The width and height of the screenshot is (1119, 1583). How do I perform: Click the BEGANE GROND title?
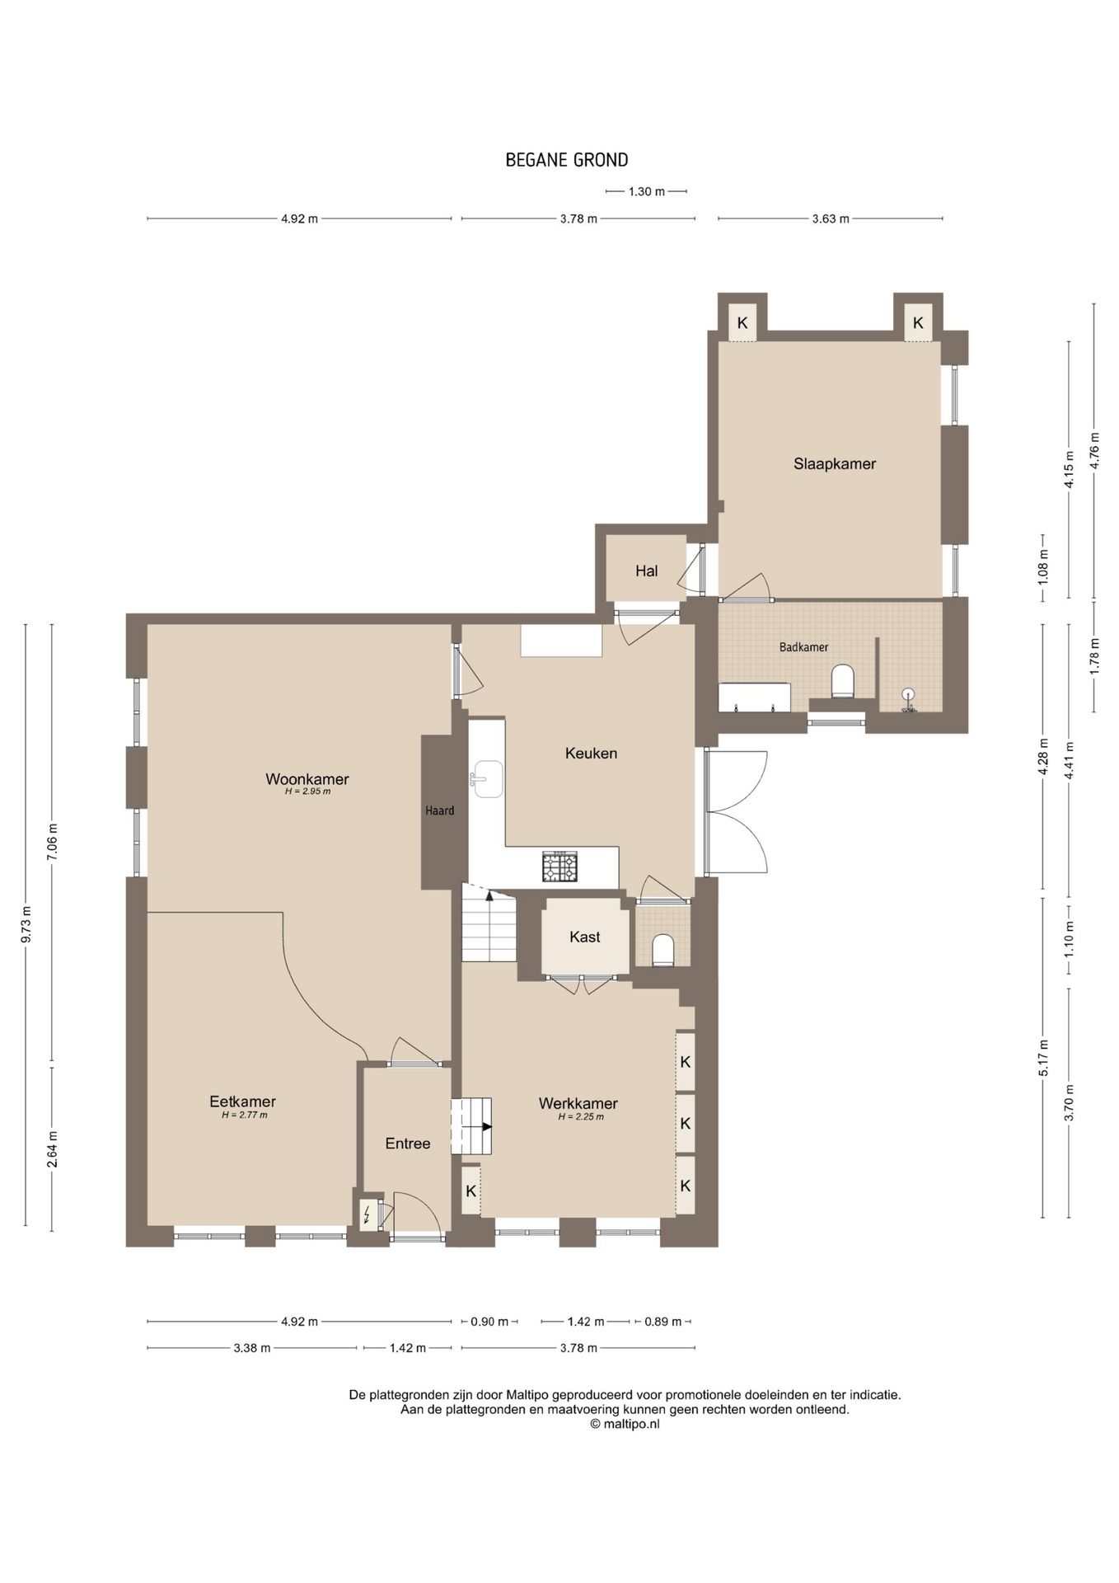[x=566, y=160]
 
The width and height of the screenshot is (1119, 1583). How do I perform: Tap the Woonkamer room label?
[x=307, y=779]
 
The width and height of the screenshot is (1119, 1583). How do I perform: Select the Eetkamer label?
[x=242, y=1102]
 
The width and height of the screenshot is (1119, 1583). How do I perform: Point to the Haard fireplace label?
[x=440, y=810]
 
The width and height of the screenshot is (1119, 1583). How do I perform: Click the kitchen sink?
[x=487, y=779]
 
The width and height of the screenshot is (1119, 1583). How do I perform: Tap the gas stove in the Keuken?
[x=560, y=866]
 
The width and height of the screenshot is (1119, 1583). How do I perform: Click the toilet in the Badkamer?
[x=842, y=681]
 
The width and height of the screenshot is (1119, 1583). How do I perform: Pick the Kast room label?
[x=585, y=937]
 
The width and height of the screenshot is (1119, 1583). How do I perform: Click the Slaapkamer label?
[x=835, y=463]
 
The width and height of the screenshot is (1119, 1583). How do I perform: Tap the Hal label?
[x=647, y=571]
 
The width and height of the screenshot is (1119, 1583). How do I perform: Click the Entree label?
[x=408, y=1144]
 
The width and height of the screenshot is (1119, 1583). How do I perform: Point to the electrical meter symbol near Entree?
[x=367, y=1214]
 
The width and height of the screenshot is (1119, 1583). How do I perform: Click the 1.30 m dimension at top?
[x=646, y=191]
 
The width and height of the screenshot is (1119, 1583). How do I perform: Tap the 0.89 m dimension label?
[x=663, y=1322]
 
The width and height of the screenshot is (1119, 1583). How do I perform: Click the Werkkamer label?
[x=578, y=1103]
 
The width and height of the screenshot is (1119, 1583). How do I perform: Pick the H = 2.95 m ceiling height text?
[x=307, y=791]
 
